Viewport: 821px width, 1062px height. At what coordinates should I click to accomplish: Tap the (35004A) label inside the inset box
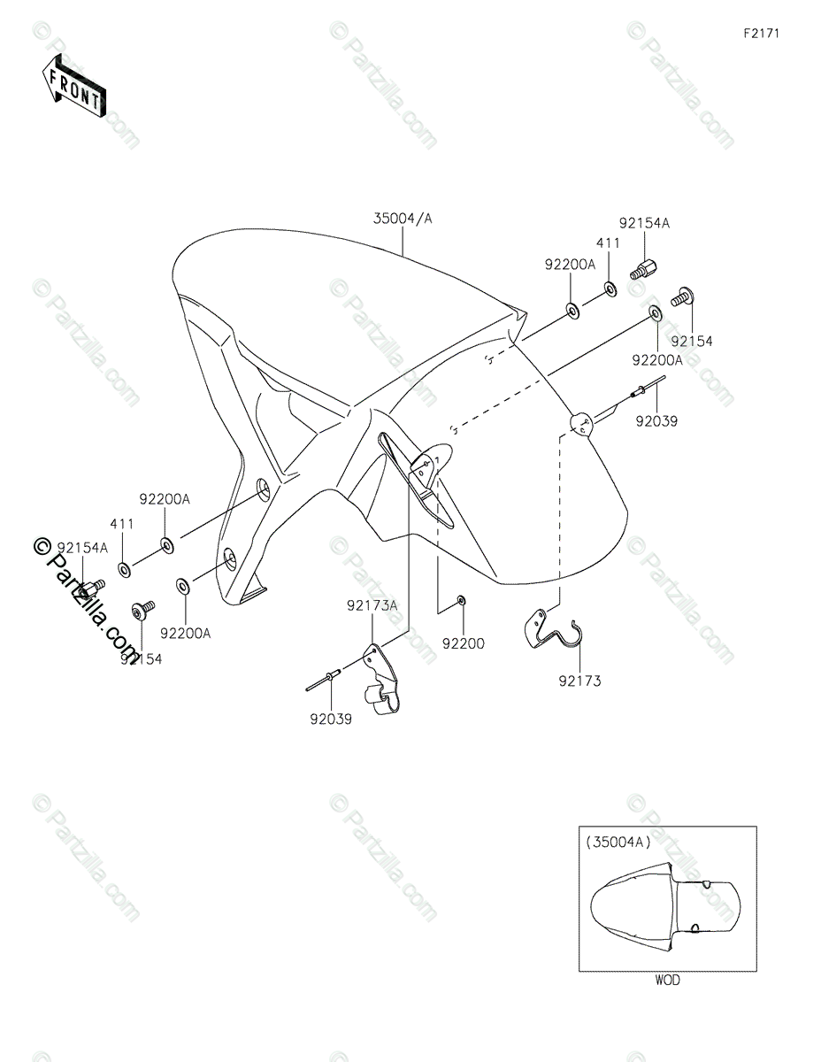[x=618, y=843]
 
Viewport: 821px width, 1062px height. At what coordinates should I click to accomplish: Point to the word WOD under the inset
[x=668, y=980]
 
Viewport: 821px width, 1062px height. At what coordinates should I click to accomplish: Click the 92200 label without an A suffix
[x=464, y=644]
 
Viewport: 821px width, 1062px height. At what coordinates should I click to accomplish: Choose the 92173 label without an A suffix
[x=579, y=681]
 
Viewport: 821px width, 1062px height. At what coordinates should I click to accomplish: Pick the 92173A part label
[x=372, y=605]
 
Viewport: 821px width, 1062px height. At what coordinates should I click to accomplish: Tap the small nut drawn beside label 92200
[x=462, y=602]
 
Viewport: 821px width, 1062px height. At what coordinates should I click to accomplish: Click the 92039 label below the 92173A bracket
[x=331, y=720]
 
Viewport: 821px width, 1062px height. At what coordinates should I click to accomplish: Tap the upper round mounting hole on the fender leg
[x=263, y=488]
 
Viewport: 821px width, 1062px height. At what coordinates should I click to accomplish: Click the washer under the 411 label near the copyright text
[x=125, y=567]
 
